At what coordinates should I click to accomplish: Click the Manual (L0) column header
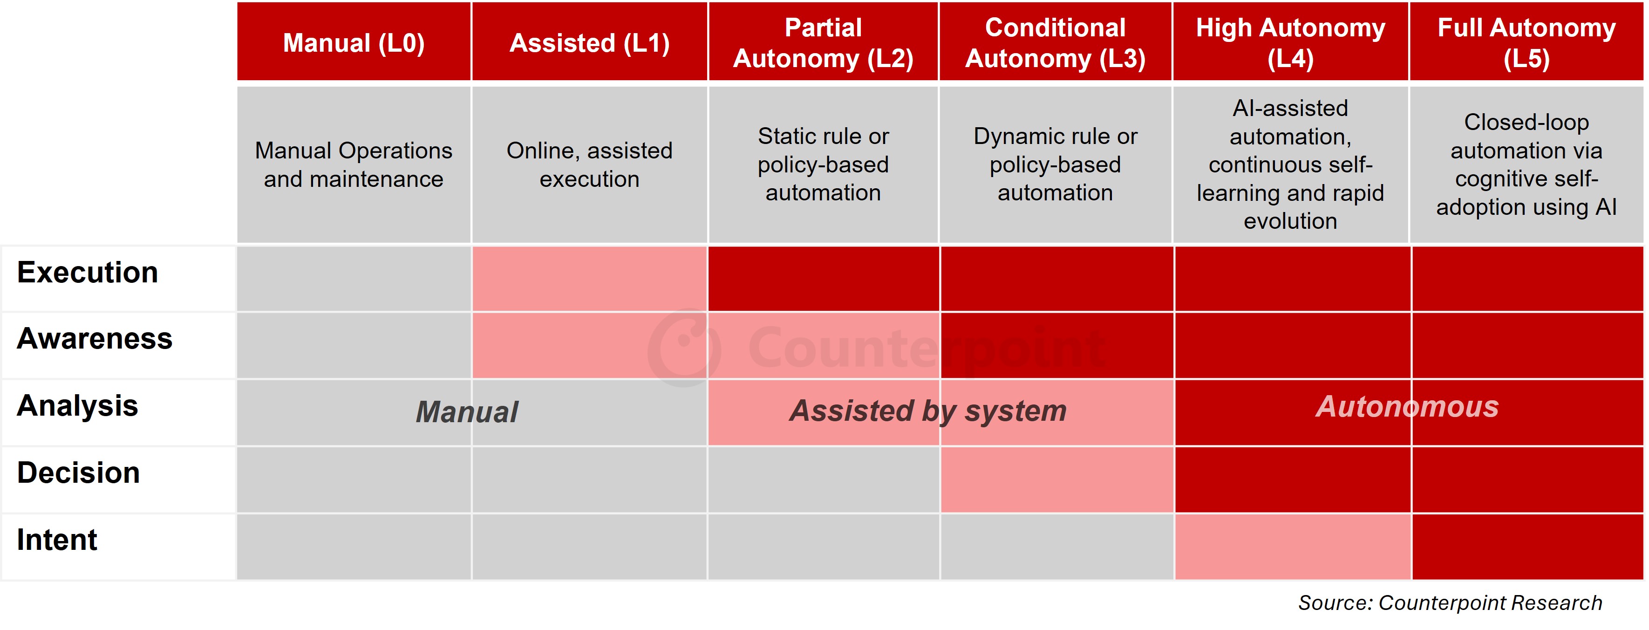pyautogui.click(x=354, y=42)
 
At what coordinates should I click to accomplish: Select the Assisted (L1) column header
pyautogui.click(x=590, y=42)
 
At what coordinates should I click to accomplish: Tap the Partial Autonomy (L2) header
pyautogui.click(x=823, y=42)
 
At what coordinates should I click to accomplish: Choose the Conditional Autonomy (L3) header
pyautogui.click(x=1056, y=42)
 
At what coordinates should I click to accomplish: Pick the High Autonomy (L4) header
pyautogui.click(x=1290, y=42)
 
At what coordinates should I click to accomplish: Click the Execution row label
pyautogui.click(x=88, y=273)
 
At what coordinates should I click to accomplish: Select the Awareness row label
pyautogui.click(x=95, y=339)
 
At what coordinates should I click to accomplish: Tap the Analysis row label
pyautogui.click(x=77, y=406)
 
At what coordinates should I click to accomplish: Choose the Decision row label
pyautogui.click(x=79, y=472)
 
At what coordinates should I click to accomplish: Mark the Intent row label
pyautogui.click(x=57, y=540)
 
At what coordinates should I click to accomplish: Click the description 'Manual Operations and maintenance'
pyautogui.click(x=354, y=164)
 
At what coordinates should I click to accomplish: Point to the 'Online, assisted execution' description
pyautogui.click(x=590, y=164)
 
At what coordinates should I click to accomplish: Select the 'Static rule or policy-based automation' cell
pyautogui.click(x=823, y=164)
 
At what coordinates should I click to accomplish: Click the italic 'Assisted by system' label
pyautogui.click(x=927, y=411)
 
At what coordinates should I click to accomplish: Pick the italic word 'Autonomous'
pyautogui.click(x=1407, y=406)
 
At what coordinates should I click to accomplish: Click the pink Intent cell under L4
pyautogui.click(x=1293, y=547)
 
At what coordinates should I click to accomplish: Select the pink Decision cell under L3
pyautogui.click(x=1057, y=479)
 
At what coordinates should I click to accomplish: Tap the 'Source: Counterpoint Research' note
pyautogui.click(x=1450, y=603)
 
